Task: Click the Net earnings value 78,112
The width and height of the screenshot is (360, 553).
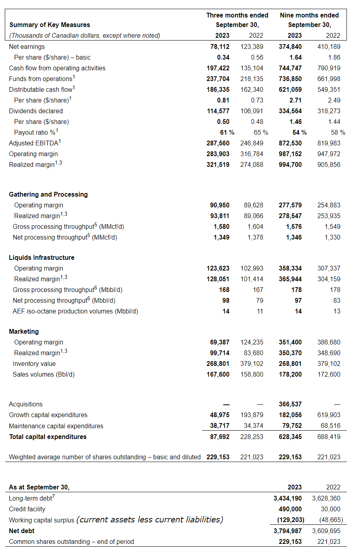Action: click(x=219, y=46)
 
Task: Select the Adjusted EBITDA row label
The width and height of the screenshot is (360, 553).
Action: click(x=35, y=143)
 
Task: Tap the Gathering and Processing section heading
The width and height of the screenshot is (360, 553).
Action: click(x=48, y=194)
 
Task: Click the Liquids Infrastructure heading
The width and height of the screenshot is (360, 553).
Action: click(x=42, y=257)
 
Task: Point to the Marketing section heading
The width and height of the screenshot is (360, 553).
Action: click(x=24, y=331)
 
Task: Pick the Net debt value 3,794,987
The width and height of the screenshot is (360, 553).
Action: click(x=287, y=531)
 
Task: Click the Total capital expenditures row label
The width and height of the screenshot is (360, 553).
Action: click(x=48, y=437)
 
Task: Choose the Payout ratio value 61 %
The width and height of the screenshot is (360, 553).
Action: click(x=227, y=132)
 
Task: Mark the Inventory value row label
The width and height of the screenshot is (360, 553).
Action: click(x=34, y=364)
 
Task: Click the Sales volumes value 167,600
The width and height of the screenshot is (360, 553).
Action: click(x=218, y=374)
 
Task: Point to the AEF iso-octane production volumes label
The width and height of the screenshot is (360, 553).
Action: click(x=75, y=311)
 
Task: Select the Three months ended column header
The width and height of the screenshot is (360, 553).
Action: click(x=237, y=15)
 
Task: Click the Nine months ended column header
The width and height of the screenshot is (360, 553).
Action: click(x=309, y=15)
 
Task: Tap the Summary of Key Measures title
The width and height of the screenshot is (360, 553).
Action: click(x=50, y=25)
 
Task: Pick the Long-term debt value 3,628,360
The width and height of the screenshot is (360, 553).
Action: click(x=326, y=498)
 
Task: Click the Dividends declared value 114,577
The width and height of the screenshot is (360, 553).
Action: click(x=218, y=111)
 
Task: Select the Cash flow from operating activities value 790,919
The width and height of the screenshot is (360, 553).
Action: click(x=329, y=68)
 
